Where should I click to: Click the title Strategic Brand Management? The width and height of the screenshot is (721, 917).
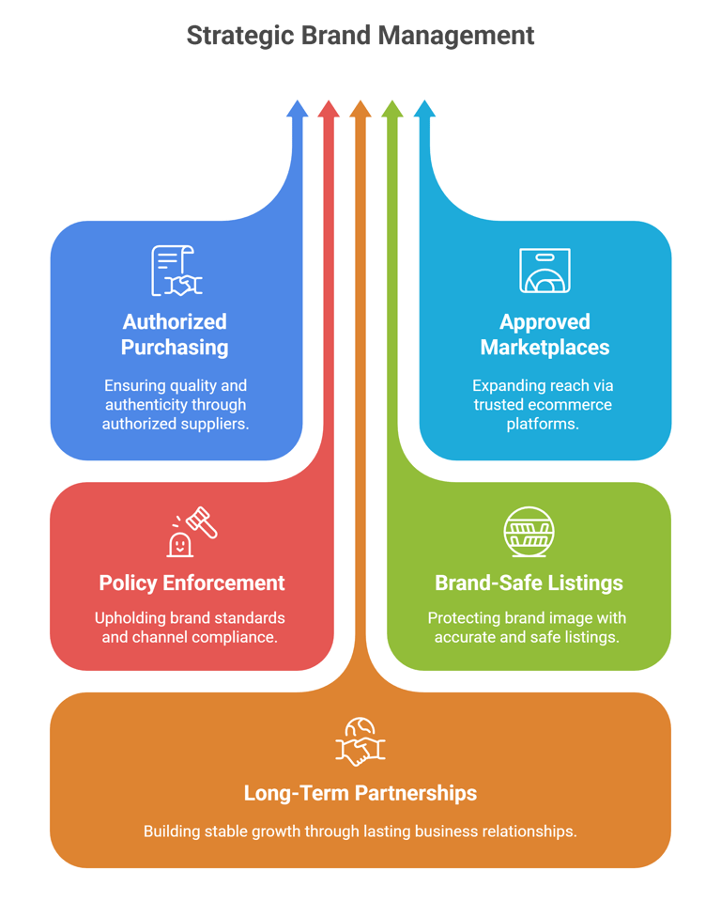[360, 36]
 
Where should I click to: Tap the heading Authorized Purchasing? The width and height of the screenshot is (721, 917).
[176, 334]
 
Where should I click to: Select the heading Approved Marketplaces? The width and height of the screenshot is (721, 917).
[545, 334]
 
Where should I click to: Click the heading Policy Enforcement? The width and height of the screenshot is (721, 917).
[192, 583]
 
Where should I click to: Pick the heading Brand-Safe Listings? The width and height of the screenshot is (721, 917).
[529, 583]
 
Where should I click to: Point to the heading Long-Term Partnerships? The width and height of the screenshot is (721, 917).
[360, 793]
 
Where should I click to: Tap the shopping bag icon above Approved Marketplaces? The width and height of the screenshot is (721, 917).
[545, 271]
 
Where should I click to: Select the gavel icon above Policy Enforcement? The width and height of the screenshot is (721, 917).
[192, 532]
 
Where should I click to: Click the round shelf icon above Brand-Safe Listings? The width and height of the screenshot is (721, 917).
[528, 532]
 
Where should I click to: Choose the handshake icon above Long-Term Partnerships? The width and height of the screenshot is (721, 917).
[360, 742]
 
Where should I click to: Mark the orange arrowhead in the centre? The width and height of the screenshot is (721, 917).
[360, 107]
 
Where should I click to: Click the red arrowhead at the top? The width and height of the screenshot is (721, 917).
[328, 107]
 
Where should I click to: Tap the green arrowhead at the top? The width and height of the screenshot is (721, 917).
[392, 107]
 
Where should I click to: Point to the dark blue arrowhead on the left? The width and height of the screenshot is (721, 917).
[297, 107]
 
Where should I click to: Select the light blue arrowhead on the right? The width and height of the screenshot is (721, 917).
[424, 107]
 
